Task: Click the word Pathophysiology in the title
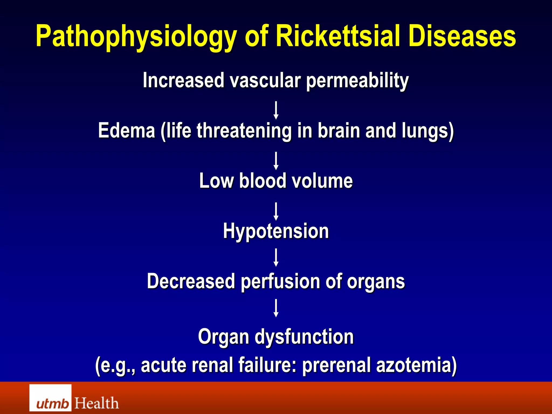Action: (136, 36)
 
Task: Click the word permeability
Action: (357, 81)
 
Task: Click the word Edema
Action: (126, 130)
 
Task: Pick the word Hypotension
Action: (276, 231)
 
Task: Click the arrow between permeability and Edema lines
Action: (276, 110)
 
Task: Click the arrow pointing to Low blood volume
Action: (276, 161)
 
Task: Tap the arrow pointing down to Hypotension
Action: (276, 211)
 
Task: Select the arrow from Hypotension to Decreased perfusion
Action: (276, 257)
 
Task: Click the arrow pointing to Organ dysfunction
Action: (276, 308)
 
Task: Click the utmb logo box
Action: (50, 398)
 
